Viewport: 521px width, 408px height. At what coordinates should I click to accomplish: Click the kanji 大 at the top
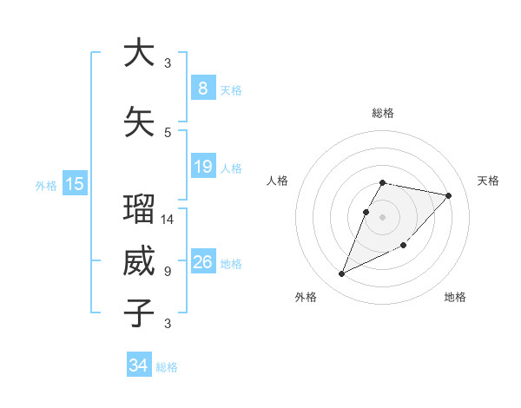coord(139,54)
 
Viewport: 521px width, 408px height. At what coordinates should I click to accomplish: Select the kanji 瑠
coord(139,211)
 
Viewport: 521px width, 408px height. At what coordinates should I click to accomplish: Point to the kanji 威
coord(139,262)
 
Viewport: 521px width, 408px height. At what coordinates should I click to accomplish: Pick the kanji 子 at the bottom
coord(139,313)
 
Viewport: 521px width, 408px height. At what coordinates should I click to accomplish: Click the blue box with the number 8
coord(202,89)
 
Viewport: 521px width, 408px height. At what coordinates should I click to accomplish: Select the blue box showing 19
coord(202,167)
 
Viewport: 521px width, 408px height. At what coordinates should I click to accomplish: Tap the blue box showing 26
coord(202,262)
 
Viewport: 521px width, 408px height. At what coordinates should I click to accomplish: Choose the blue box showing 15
coord(75,183)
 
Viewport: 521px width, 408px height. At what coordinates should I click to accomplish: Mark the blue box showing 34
coord(139,365)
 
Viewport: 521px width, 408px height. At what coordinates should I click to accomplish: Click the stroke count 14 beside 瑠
coord(168,220)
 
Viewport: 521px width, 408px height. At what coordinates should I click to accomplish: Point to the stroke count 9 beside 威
coord(168,271)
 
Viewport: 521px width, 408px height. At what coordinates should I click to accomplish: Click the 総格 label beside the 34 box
coord(167,367)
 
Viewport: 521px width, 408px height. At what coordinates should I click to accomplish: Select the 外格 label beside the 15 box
coord(46,185)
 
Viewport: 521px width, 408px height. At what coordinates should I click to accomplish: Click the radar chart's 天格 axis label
coord(488,181)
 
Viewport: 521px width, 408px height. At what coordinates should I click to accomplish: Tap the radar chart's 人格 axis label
coord(277,181)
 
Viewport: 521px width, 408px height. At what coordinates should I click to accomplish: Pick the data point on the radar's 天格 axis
coord(449,195)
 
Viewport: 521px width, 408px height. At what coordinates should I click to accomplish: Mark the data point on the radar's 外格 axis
coord(341,274)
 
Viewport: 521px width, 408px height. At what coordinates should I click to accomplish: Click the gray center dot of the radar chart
coord(382,217)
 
